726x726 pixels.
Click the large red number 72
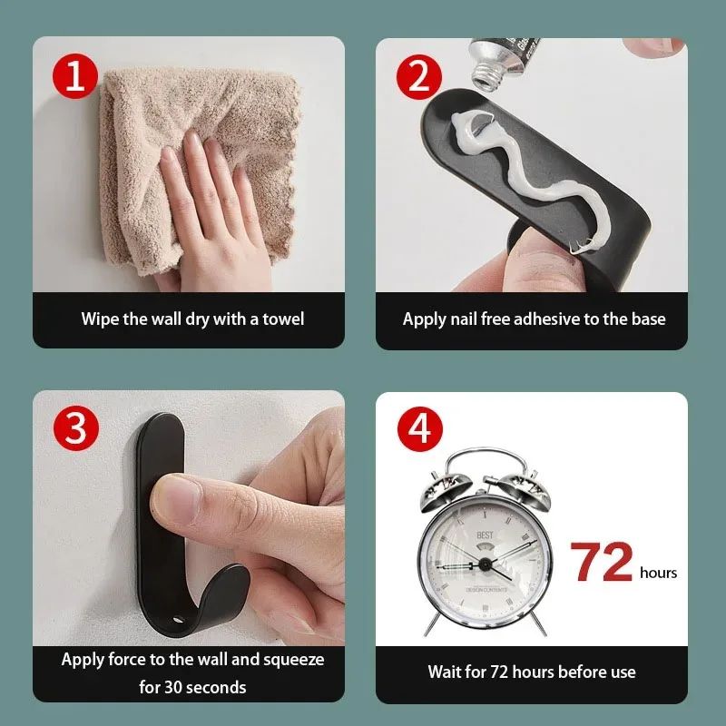(602, 563)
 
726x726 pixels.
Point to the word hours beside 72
(658, 573)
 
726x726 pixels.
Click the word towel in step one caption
(282, 319)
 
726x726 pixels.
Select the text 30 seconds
(192, 687)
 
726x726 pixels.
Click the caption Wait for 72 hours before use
(532, 672)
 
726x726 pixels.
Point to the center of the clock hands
(484, 564)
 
